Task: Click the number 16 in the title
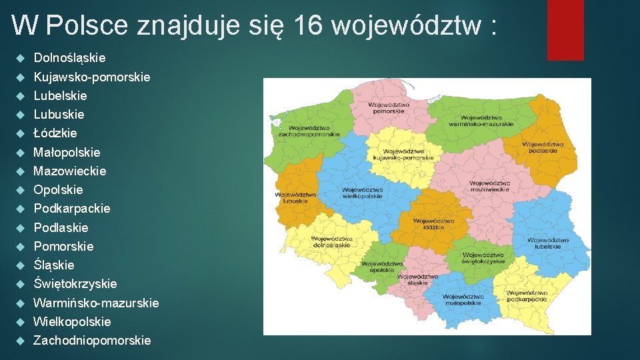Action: pos(307,26)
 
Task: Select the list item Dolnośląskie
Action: pos(69,58)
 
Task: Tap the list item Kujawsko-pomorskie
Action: pos(92,77)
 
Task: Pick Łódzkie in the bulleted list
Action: pos(55,133)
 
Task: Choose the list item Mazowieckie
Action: pos(70,171)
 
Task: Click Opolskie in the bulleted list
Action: pos(59,189)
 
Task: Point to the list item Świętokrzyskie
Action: pos(75,283)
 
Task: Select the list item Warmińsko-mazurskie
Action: pos(96,303)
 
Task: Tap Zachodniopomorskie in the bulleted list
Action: pos(92,340)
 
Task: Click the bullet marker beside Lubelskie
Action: pos(21,95)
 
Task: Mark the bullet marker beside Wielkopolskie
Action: pos(21,321)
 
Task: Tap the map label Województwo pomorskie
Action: pos(388,107)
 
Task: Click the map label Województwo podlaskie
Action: pos(543,147)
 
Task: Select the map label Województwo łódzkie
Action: pos(433,224)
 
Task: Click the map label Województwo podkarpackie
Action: pos(531,296)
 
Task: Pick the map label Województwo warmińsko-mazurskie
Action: pos(481,121)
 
